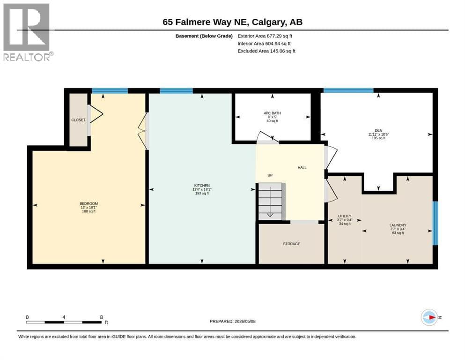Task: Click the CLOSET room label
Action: pyautogui.click(x=78, y=120)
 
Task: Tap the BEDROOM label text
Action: pyautogui.click(x=89, y=203)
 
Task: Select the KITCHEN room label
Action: pyautogui.click(x=202, y=186)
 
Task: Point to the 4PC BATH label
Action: pyautogui.click(x=272, y=113)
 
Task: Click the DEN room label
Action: pyautogui.click(x=378, y=131)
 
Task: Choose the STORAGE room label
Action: pyautogui.click(x=292, y=244)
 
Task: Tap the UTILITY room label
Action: pyautogui.click(x=345, y=216)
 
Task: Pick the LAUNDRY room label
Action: pyautogui.click(x=398, y=225)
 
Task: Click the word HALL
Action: pyautogui.click(x=302, y=167)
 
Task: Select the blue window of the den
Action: pyautogui.click(x=348, y=90)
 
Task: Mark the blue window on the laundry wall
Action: pyautogui.click(x=435, y=223)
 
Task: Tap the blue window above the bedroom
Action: pyautogui.click(x=110, y=91)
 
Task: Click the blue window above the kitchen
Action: pyautogui.click(x=176, y=91)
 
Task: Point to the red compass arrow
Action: pyautogui.click(x=432, y=317)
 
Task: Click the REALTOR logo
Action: pyautogui.click(x=28, y=32)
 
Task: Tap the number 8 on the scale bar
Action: pyautogui.click(x=102, y=317)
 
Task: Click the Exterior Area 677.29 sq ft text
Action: pyautogui.click(x=265, y=36)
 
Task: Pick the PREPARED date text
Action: pyautogui.click(x=232, y=321)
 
